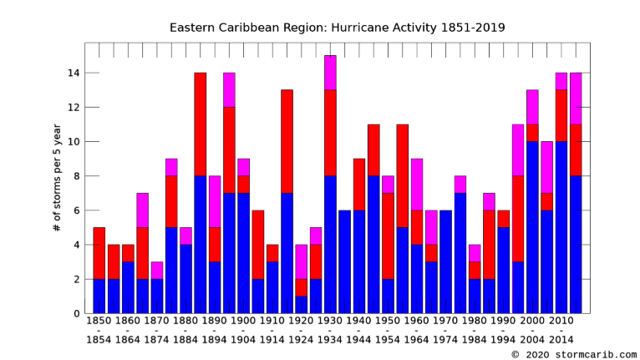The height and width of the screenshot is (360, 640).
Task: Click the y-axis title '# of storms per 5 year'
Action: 57,177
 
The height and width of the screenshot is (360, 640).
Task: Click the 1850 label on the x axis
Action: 99,320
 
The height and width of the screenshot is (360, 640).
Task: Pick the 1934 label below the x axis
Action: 330,341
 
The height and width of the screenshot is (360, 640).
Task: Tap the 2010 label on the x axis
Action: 561,320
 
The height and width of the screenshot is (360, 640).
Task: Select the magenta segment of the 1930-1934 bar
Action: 330,73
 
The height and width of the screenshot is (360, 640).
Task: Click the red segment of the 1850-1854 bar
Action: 99,253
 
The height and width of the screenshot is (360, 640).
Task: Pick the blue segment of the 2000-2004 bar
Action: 532,227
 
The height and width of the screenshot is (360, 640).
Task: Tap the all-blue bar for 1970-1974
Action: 445,261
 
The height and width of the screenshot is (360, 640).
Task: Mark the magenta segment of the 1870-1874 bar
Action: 157,271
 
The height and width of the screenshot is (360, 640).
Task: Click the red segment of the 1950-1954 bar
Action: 388,236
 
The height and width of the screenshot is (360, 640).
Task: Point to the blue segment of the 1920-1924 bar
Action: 301,305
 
